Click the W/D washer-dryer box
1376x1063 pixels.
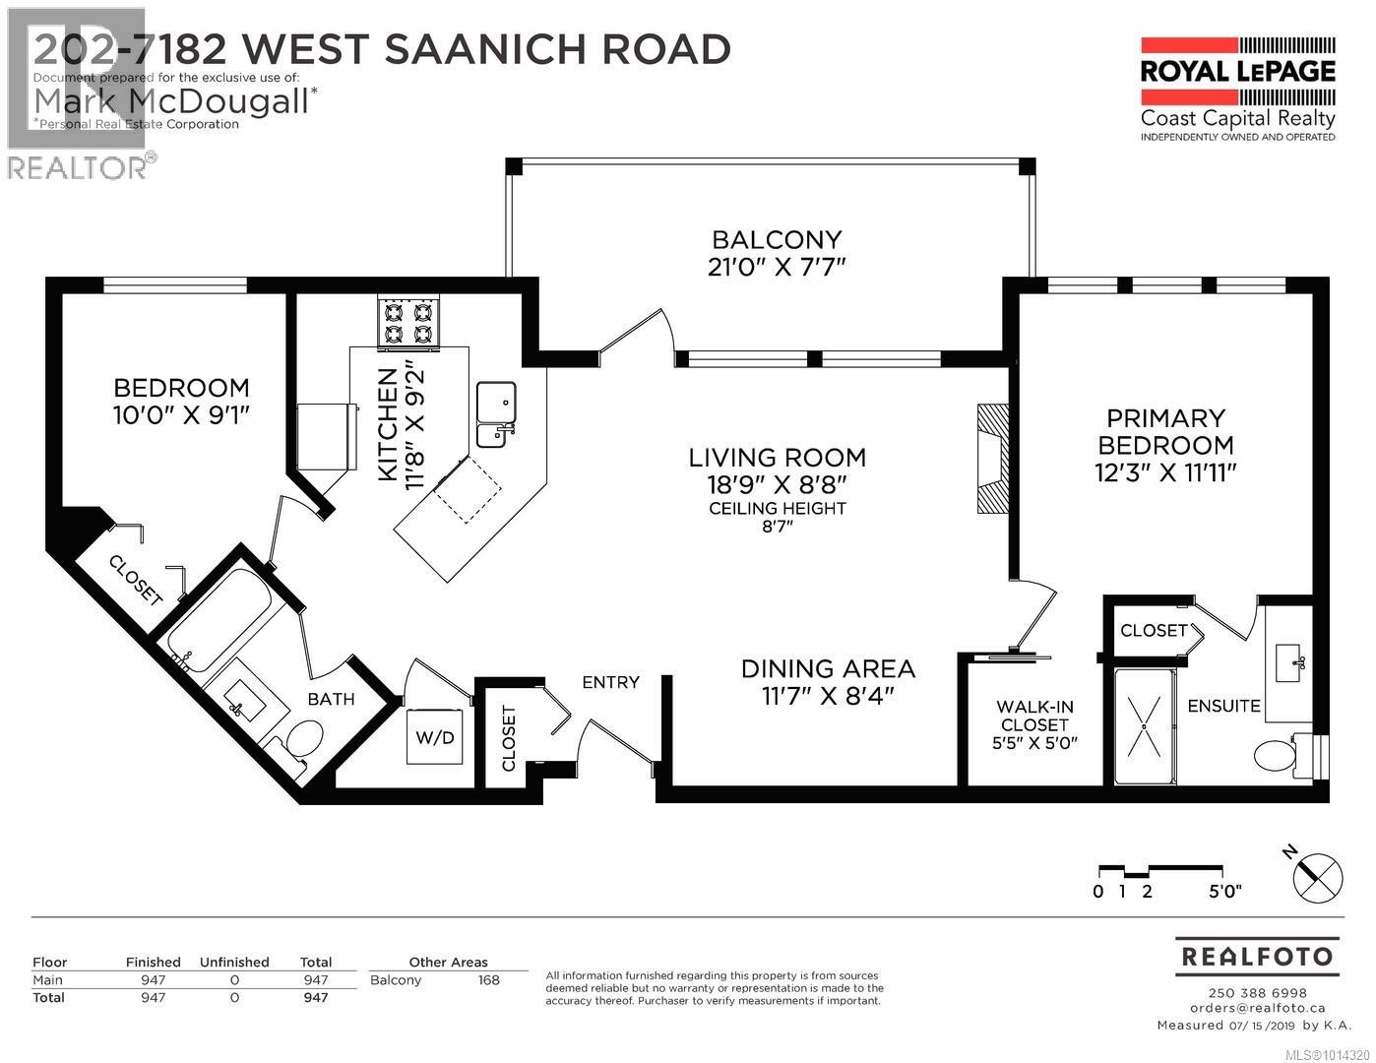tap(433, 736)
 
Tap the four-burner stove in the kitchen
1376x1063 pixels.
tap(408, 324)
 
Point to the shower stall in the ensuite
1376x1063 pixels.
tap(1145, 726)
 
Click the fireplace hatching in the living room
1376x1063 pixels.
tap(992, 458)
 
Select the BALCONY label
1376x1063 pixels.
tap(777, 239)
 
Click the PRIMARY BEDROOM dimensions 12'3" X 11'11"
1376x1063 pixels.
tap(1165, 472)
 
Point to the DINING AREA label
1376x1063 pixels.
tap(828, 668)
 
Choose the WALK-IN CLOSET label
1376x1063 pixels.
tap(1034, 716)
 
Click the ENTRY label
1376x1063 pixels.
tap(610, 682)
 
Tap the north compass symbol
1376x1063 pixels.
tap(1316, 873)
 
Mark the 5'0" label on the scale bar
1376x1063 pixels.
tap(1224, 892)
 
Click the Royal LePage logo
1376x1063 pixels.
tap(1237, 89)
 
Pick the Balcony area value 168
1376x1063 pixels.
tap(488, 980)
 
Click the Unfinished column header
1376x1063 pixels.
tap(234, 962)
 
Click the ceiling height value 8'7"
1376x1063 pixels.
tap(777, 527)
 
